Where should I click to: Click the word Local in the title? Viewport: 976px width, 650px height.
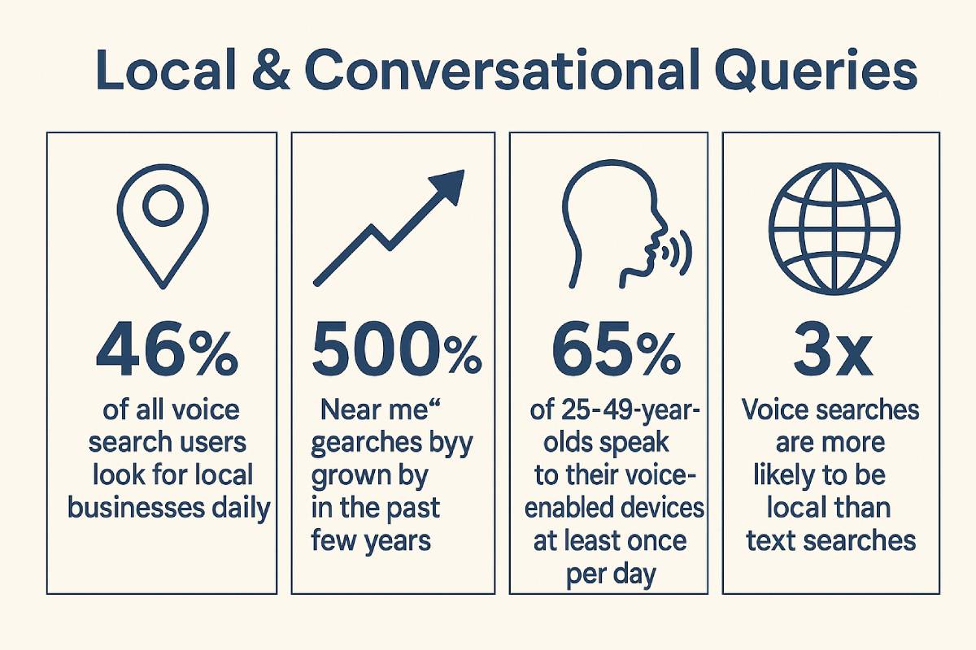[166, 70]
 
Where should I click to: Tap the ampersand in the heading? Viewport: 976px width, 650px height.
[271, 70]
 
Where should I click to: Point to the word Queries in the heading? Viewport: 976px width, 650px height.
[816, 71]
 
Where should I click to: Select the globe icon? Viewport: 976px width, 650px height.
[834, 228]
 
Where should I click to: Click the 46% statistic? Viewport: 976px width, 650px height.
[167, 349]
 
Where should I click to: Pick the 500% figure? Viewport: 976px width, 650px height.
[397, 349]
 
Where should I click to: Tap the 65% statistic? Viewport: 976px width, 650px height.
[615, 349]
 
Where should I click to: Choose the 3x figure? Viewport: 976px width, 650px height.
[833, 349]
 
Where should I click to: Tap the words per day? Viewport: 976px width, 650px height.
[611, 575]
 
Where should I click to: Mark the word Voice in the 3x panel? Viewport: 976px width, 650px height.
[776, 410]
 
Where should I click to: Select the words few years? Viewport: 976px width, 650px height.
[371, 542]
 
